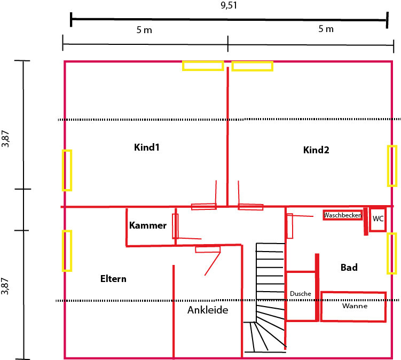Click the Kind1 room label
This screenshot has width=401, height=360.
tap(146, 147)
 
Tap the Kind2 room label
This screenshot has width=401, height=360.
tap(316, 150)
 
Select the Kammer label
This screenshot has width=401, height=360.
tap(148, 225)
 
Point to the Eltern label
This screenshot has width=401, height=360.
tap(113, 279)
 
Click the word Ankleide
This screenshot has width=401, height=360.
tap(208, 310)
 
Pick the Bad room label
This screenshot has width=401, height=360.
tap(349, 268)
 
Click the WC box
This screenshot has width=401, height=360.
tap(378, 220)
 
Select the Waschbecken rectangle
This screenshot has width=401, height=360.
tap(343, 215)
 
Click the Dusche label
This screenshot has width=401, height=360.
tap(301, 294)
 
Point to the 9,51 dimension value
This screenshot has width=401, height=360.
tap(229, 5)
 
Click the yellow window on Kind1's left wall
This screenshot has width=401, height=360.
tap(67, 170)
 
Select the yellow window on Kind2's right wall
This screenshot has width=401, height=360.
tap(392, 166)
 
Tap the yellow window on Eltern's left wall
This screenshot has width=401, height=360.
tap(67, 251)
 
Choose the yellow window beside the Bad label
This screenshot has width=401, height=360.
tap(392, 253)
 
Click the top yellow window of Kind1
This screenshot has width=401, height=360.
tap(203, 66)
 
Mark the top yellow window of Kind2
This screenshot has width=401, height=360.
tap(253, 66)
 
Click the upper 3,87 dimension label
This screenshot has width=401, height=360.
tap(6, 139)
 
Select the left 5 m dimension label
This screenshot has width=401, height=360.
tap(144, 30)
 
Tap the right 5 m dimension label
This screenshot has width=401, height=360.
tap(326, 29)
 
